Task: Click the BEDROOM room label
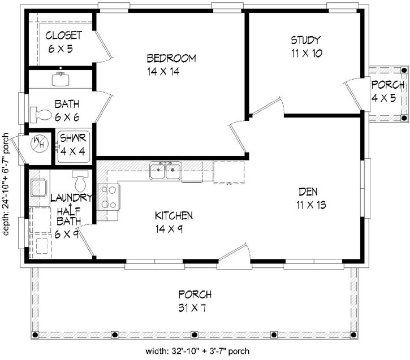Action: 171,58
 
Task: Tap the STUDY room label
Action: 306,40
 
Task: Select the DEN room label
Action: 310,191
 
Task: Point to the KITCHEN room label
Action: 174,216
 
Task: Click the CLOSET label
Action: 63,36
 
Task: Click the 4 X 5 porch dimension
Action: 387,98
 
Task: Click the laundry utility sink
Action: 40,187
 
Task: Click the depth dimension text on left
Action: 6,186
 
